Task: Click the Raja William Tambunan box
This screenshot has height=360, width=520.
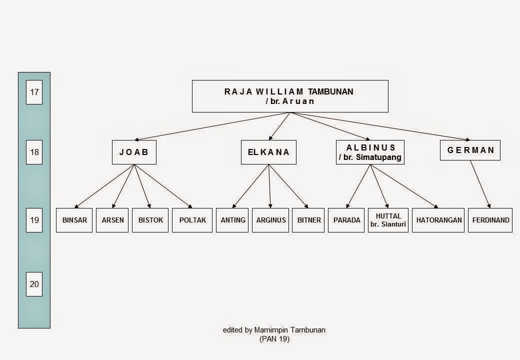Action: point(290,96)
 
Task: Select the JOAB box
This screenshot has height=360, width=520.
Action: point(134,152)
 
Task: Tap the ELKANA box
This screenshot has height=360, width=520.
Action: point(268,152)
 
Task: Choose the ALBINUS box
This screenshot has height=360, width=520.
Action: point(370,152)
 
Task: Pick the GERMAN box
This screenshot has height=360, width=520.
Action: point(470,150)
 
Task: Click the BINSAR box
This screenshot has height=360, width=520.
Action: point(74,220)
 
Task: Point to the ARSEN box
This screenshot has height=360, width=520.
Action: point(112,220)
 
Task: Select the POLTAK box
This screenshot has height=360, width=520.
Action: point(192,220)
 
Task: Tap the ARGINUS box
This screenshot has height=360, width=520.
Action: point(271,220)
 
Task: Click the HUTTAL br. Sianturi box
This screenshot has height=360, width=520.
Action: point(388,220)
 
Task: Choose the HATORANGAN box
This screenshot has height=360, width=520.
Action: point(439,220)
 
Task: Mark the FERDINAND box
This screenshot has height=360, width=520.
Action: point(490,220)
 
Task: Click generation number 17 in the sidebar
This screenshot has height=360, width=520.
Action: point(34,92)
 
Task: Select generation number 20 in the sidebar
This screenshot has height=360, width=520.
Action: point(34,284)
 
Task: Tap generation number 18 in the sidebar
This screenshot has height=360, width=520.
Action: point(34,152)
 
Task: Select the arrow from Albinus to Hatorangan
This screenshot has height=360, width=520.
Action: point(404,185)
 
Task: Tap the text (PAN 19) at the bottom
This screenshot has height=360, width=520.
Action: point(274,339)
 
